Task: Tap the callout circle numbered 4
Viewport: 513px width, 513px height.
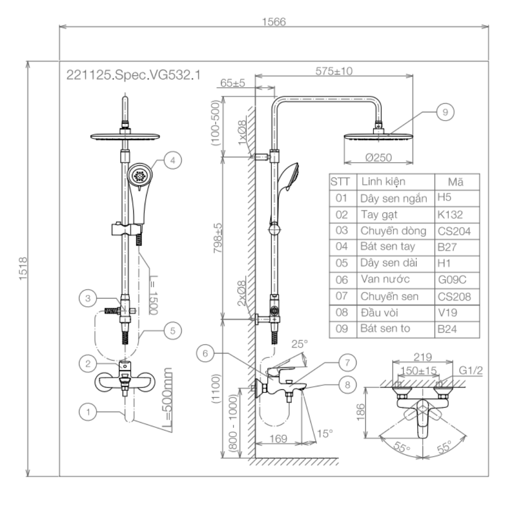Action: point(173,160)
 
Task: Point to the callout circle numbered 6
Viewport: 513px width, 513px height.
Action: point(205,353)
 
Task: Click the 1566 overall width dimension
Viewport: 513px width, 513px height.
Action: point(273,22)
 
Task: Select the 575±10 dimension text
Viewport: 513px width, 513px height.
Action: point(333,71)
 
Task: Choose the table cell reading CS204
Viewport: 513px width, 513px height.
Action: point(454,231)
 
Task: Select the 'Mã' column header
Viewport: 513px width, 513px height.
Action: point(455,182)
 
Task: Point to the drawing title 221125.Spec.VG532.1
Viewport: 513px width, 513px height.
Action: point(133,74)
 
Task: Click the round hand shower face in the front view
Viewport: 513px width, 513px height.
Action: point(138,175)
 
